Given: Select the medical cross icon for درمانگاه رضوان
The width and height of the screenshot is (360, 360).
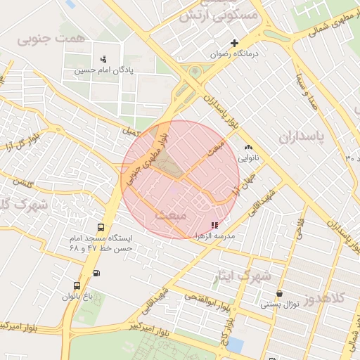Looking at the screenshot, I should [235, 43].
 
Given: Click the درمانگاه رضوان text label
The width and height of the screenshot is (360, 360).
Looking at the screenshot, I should [238, 53].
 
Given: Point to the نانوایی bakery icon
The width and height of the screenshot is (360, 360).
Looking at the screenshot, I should [248, 148].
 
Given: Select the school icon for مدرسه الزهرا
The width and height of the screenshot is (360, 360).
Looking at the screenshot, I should [214, 225].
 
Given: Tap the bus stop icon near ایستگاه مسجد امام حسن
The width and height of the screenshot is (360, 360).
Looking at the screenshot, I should [101, 228].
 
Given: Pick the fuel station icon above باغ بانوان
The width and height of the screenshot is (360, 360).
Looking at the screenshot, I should [96, 274].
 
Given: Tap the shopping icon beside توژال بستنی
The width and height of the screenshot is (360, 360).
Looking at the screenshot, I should [280, 293].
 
